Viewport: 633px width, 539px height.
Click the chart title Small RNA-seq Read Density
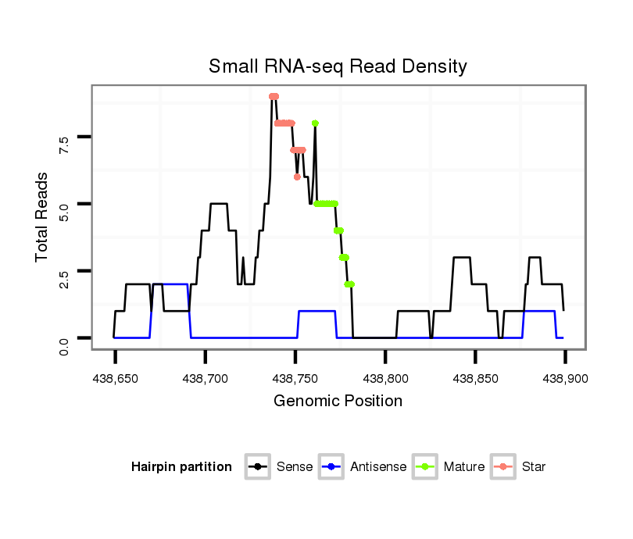[338, 66]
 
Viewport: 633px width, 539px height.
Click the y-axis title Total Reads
[44, 216]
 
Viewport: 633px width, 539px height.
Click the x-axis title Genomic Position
[338, 402]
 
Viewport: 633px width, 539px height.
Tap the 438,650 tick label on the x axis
[115, 378]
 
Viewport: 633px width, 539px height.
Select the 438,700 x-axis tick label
[205, 378]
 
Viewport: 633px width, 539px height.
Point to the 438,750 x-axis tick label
[295, 378]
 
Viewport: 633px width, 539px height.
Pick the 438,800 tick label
[385, 378]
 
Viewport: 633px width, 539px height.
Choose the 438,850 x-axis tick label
[475, 378]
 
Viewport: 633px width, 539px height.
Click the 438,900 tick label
[564, 378]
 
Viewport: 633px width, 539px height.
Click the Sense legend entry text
[295, 467]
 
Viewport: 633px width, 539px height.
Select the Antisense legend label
[378, 467]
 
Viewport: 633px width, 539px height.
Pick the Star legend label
[534, 467]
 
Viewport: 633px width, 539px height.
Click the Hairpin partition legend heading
[181, 467]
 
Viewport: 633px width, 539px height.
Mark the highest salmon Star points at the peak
[274, 97]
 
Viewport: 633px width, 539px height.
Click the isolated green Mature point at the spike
[315, 123]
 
